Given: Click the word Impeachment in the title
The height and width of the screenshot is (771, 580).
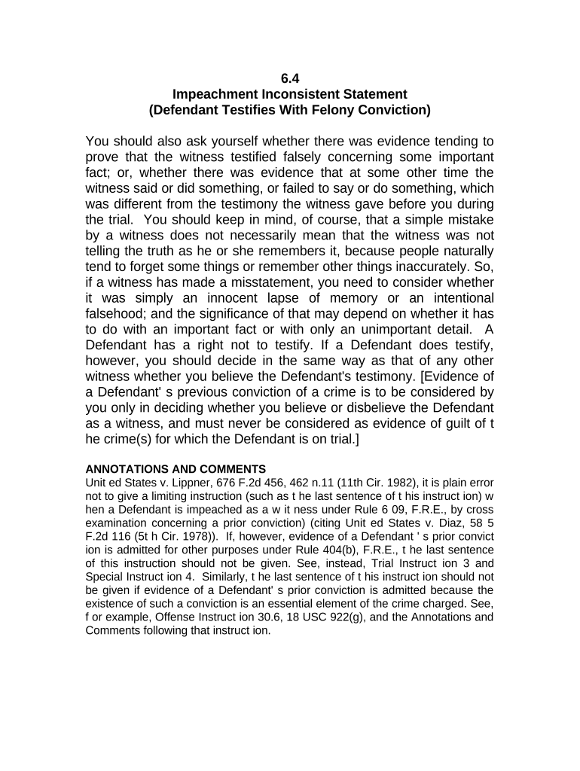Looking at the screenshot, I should pos(214,94).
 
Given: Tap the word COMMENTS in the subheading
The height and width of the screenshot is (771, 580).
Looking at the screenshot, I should pos(227,469).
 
